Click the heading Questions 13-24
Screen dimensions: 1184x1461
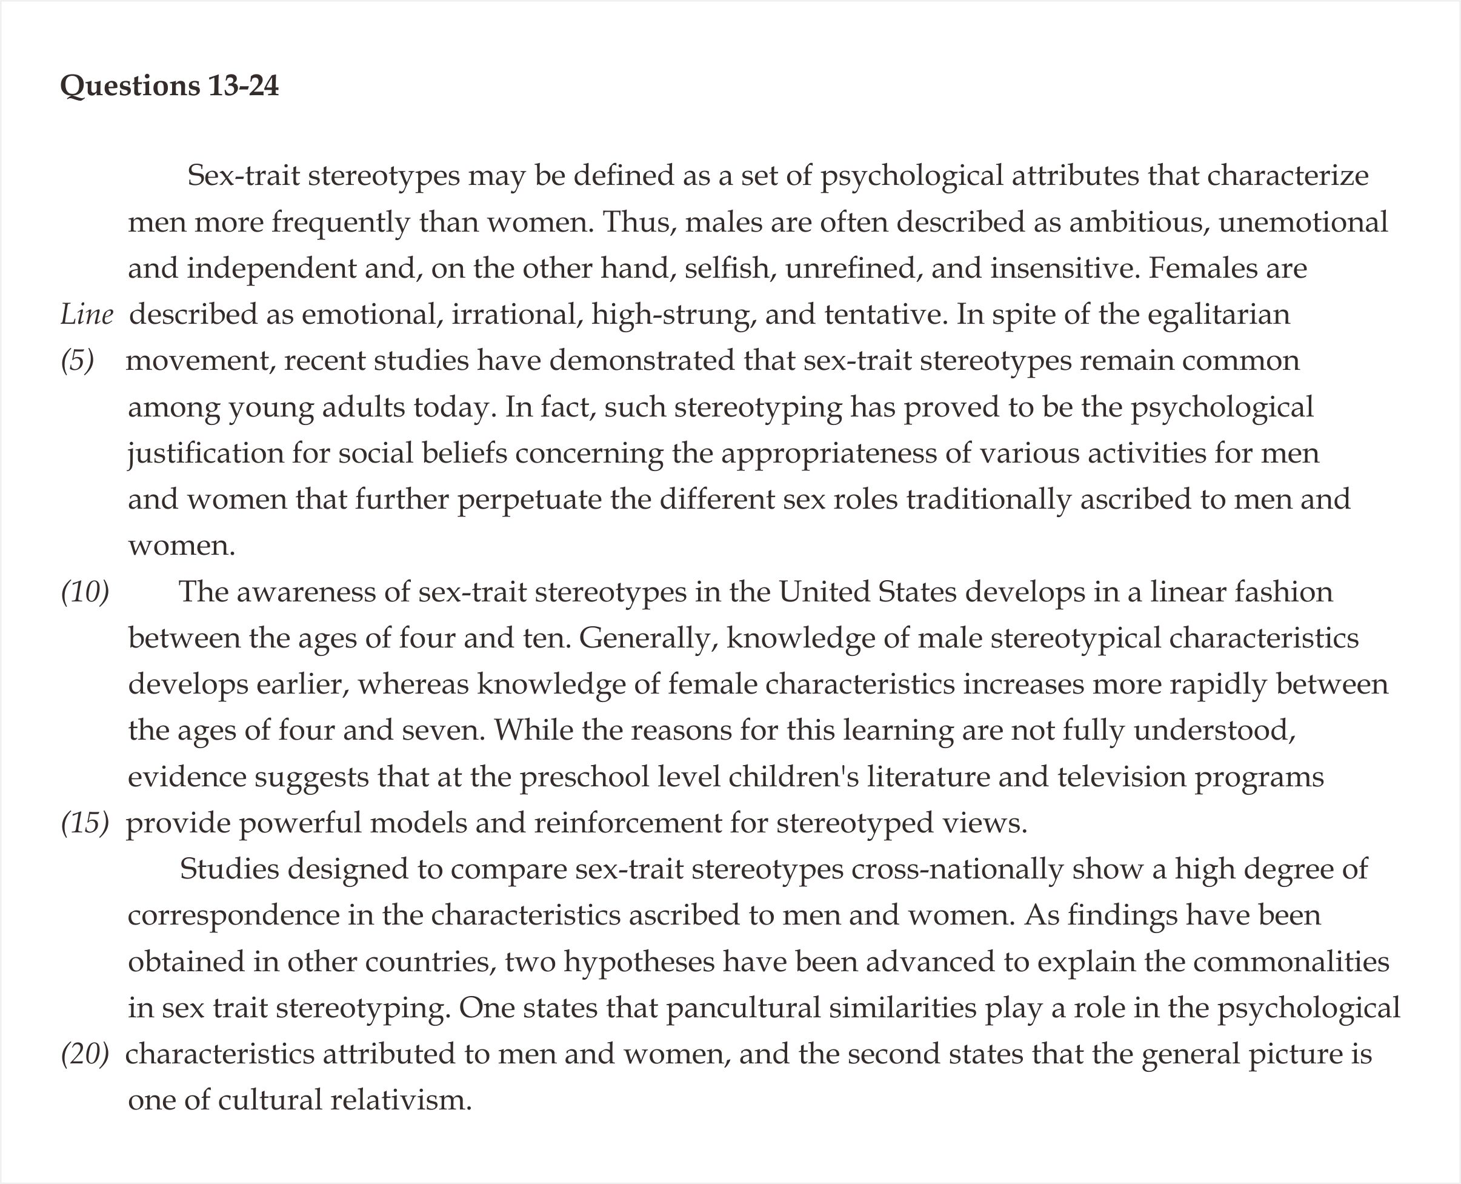coord(169,87)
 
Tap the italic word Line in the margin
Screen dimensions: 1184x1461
coord(87,315)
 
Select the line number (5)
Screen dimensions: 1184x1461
coord(78,361)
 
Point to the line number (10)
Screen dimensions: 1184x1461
coord(85,592)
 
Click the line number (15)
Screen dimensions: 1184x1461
coord(85,823)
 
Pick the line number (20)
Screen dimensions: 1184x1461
coord(85,1054)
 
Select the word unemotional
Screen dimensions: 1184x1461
coord(1303,222)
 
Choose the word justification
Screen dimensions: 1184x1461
coord(206,453)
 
